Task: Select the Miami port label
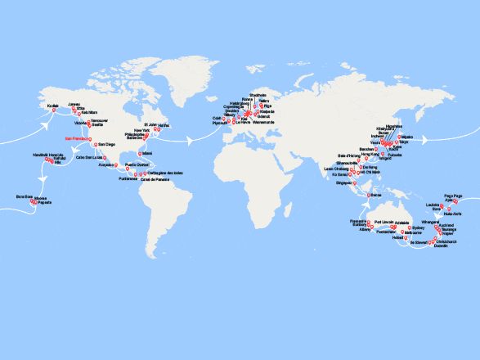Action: click(147, 153)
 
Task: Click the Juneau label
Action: click(74, 105)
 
